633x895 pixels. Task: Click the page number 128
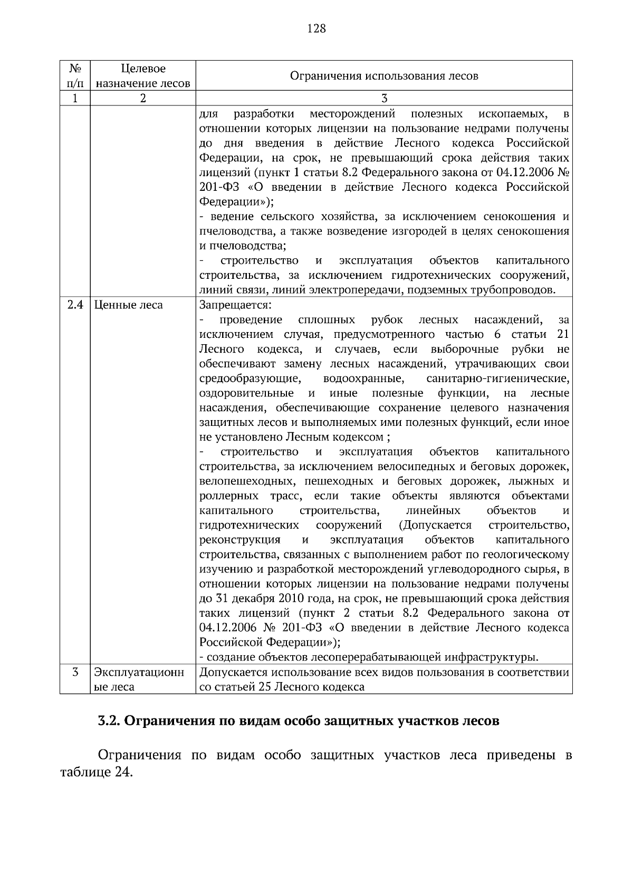(316, 28)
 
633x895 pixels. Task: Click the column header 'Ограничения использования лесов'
(384, 76)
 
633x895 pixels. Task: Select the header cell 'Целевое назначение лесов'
(143, 76)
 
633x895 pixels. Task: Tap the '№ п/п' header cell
(75, 76)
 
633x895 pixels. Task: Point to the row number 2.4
(75, 305)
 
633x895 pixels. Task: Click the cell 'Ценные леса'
(128, 305)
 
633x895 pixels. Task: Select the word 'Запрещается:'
(235, 305)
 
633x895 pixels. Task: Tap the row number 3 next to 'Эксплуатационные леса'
(75, 673)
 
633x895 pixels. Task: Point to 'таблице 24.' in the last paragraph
(94, 773)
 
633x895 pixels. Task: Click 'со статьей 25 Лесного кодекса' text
(282, 687)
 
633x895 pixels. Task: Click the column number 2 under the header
(143, 99)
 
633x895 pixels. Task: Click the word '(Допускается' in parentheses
(435, 526)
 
